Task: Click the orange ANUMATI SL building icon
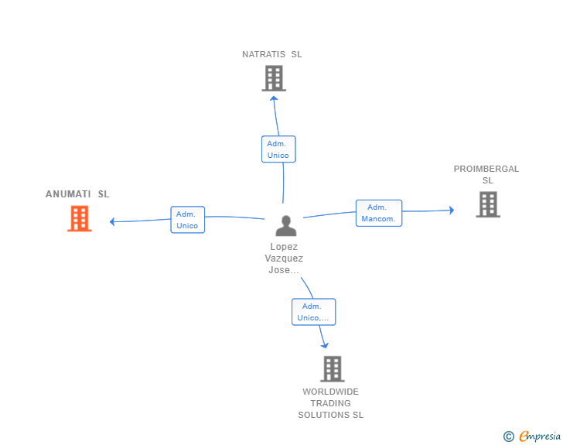click(79, 219)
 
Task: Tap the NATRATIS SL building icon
click(274, 78)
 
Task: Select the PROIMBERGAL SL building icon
click(488, 204)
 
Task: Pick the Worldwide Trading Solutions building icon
click(332, 369)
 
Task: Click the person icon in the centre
click(286, 226)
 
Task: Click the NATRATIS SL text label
click(272, 55)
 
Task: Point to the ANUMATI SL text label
click(77, 194)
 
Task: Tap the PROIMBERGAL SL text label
click(486, 175)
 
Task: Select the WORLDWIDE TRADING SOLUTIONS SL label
click(331, 403)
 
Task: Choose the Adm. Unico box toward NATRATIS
click(278, 149)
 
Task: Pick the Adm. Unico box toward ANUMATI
click(187, 220)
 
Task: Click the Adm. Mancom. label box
click(378, 213)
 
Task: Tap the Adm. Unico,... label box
click(313, 312)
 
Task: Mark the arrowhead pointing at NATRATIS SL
click(274, 98)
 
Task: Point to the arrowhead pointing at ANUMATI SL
click(113, 222)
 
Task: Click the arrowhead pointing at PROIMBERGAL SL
click(451, 210)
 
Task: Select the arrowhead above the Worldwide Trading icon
click(325, 345)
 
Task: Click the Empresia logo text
click(540, 436)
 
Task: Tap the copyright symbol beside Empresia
click(508, 437)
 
